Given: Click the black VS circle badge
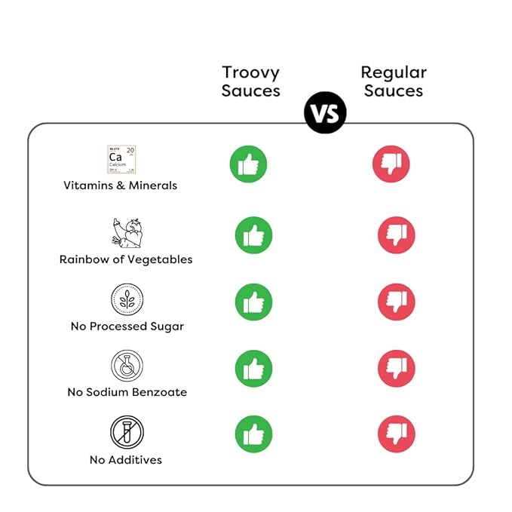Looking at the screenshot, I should (x=325, y=113).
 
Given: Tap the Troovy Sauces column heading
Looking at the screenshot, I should (x=251, y=81).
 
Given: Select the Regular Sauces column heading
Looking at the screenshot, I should (x=393, y=81).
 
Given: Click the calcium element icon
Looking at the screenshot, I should (x=121, y=160).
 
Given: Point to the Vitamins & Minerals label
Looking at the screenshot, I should (x=120, y=185).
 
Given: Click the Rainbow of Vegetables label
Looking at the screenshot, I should (x=126, y=259).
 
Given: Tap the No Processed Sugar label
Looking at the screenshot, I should (x=127, y=327).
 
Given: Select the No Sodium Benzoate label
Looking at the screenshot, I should (x=127, y=392).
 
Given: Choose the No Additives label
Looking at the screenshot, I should (x=126, y=459).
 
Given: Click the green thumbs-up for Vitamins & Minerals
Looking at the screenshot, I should (x=248, y=164).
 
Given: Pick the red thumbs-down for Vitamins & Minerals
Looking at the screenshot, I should (x=391, y=164).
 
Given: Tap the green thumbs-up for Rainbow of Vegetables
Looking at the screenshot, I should (x=253, y=235).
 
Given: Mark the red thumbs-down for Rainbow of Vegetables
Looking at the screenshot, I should (x=396, y=235).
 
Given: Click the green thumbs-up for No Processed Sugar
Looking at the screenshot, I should (x=253, y=302).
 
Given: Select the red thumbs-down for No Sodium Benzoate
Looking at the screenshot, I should (x=396, y=369).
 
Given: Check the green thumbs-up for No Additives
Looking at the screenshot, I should (x=253, y=435).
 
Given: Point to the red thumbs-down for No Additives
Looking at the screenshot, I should (x=396, y=435).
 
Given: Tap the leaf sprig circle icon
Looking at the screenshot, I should (x=127, y=299).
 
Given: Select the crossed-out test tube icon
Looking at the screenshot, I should (x=127, y=432).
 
